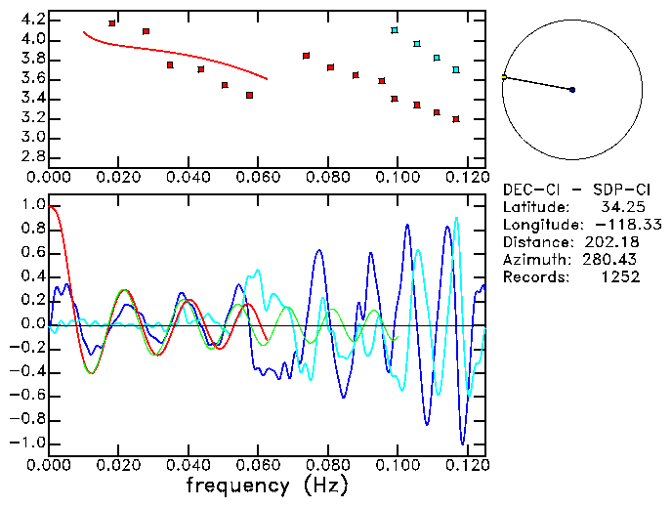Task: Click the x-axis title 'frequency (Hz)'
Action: [x=266, y=486]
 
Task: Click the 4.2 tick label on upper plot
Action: [x=32, y=20]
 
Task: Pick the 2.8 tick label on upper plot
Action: [x=32, y=156]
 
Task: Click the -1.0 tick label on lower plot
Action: [x=29, y=443]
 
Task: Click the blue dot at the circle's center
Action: [x=572, y=90]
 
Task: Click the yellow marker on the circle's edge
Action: [x=504, y=76]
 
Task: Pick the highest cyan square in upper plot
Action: [x=395, y=30]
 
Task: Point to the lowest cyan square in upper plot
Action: [x=456, y=70]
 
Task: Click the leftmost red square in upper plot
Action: [x=112, y=22]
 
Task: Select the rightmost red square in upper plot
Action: [x=456, y=119]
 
